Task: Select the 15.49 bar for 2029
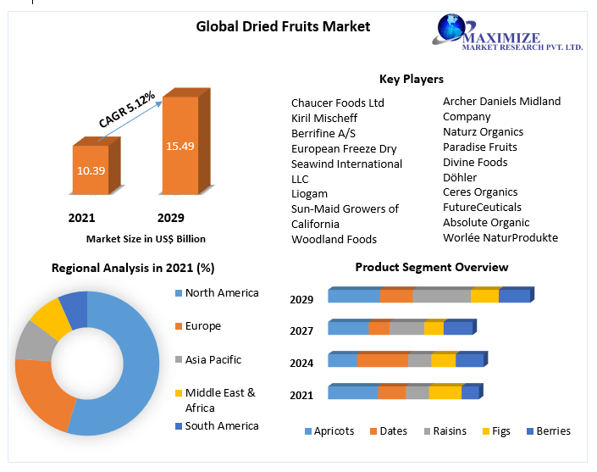pos(180,146)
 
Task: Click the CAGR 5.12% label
pos(127,110)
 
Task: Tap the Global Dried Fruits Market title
pos(283,26)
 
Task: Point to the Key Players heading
pos(411,79)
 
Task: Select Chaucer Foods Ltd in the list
pos(338,103)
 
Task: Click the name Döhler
pos(460,177)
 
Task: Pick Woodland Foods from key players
pos(334,239)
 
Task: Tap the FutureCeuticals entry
pos(482,207)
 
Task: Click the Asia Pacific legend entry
pos(213,359)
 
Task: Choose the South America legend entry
pos(221,425)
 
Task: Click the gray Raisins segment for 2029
pos(441,296)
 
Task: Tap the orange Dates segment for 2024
pos(382,360)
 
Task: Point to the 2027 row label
pos(301,331)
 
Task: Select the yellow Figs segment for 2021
pos(445,392)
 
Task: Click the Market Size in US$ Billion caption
pos(146,239)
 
